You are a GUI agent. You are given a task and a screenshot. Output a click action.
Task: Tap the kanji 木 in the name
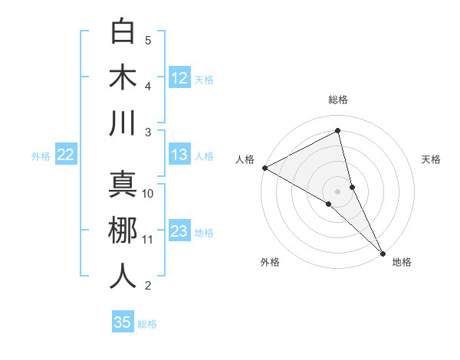(123, 77)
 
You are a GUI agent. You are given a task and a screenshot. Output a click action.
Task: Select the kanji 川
(123, 123)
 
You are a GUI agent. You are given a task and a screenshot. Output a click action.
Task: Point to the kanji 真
(123, 184)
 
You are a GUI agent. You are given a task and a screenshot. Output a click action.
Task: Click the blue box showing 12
(179, 77)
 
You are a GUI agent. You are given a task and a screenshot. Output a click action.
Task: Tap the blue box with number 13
(179, 155)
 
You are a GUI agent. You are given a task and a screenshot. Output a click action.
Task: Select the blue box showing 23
(179, 231)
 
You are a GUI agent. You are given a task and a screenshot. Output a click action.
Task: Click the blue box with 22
(65, 155)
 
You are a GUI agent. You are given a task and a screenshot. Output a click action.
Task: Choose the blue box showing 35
(123, 322)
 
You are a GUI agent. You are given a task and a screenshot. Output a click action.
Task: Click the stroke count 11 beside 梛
(148, 240)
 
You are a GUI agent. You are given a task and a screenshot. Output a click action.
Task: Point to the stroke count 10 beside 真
(148, 194)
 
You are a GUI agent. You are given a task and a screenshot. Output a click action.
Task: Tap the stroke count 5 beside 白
(148, 40)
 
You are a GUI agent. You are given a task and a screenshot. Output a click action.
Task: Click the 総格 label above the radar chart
(338, 100)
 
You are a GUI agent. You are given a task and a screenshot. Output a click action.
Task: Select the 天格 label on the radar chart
(432, 159)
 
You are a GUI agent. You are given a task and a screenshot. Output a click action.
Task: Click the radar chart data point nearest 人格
(264, 168)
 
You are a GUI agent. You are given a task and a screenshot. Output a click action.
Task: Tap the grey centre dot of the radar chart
(338, 191)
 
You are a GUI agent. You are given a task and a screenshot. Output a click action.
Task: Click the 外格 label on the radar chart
(270, 263)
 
